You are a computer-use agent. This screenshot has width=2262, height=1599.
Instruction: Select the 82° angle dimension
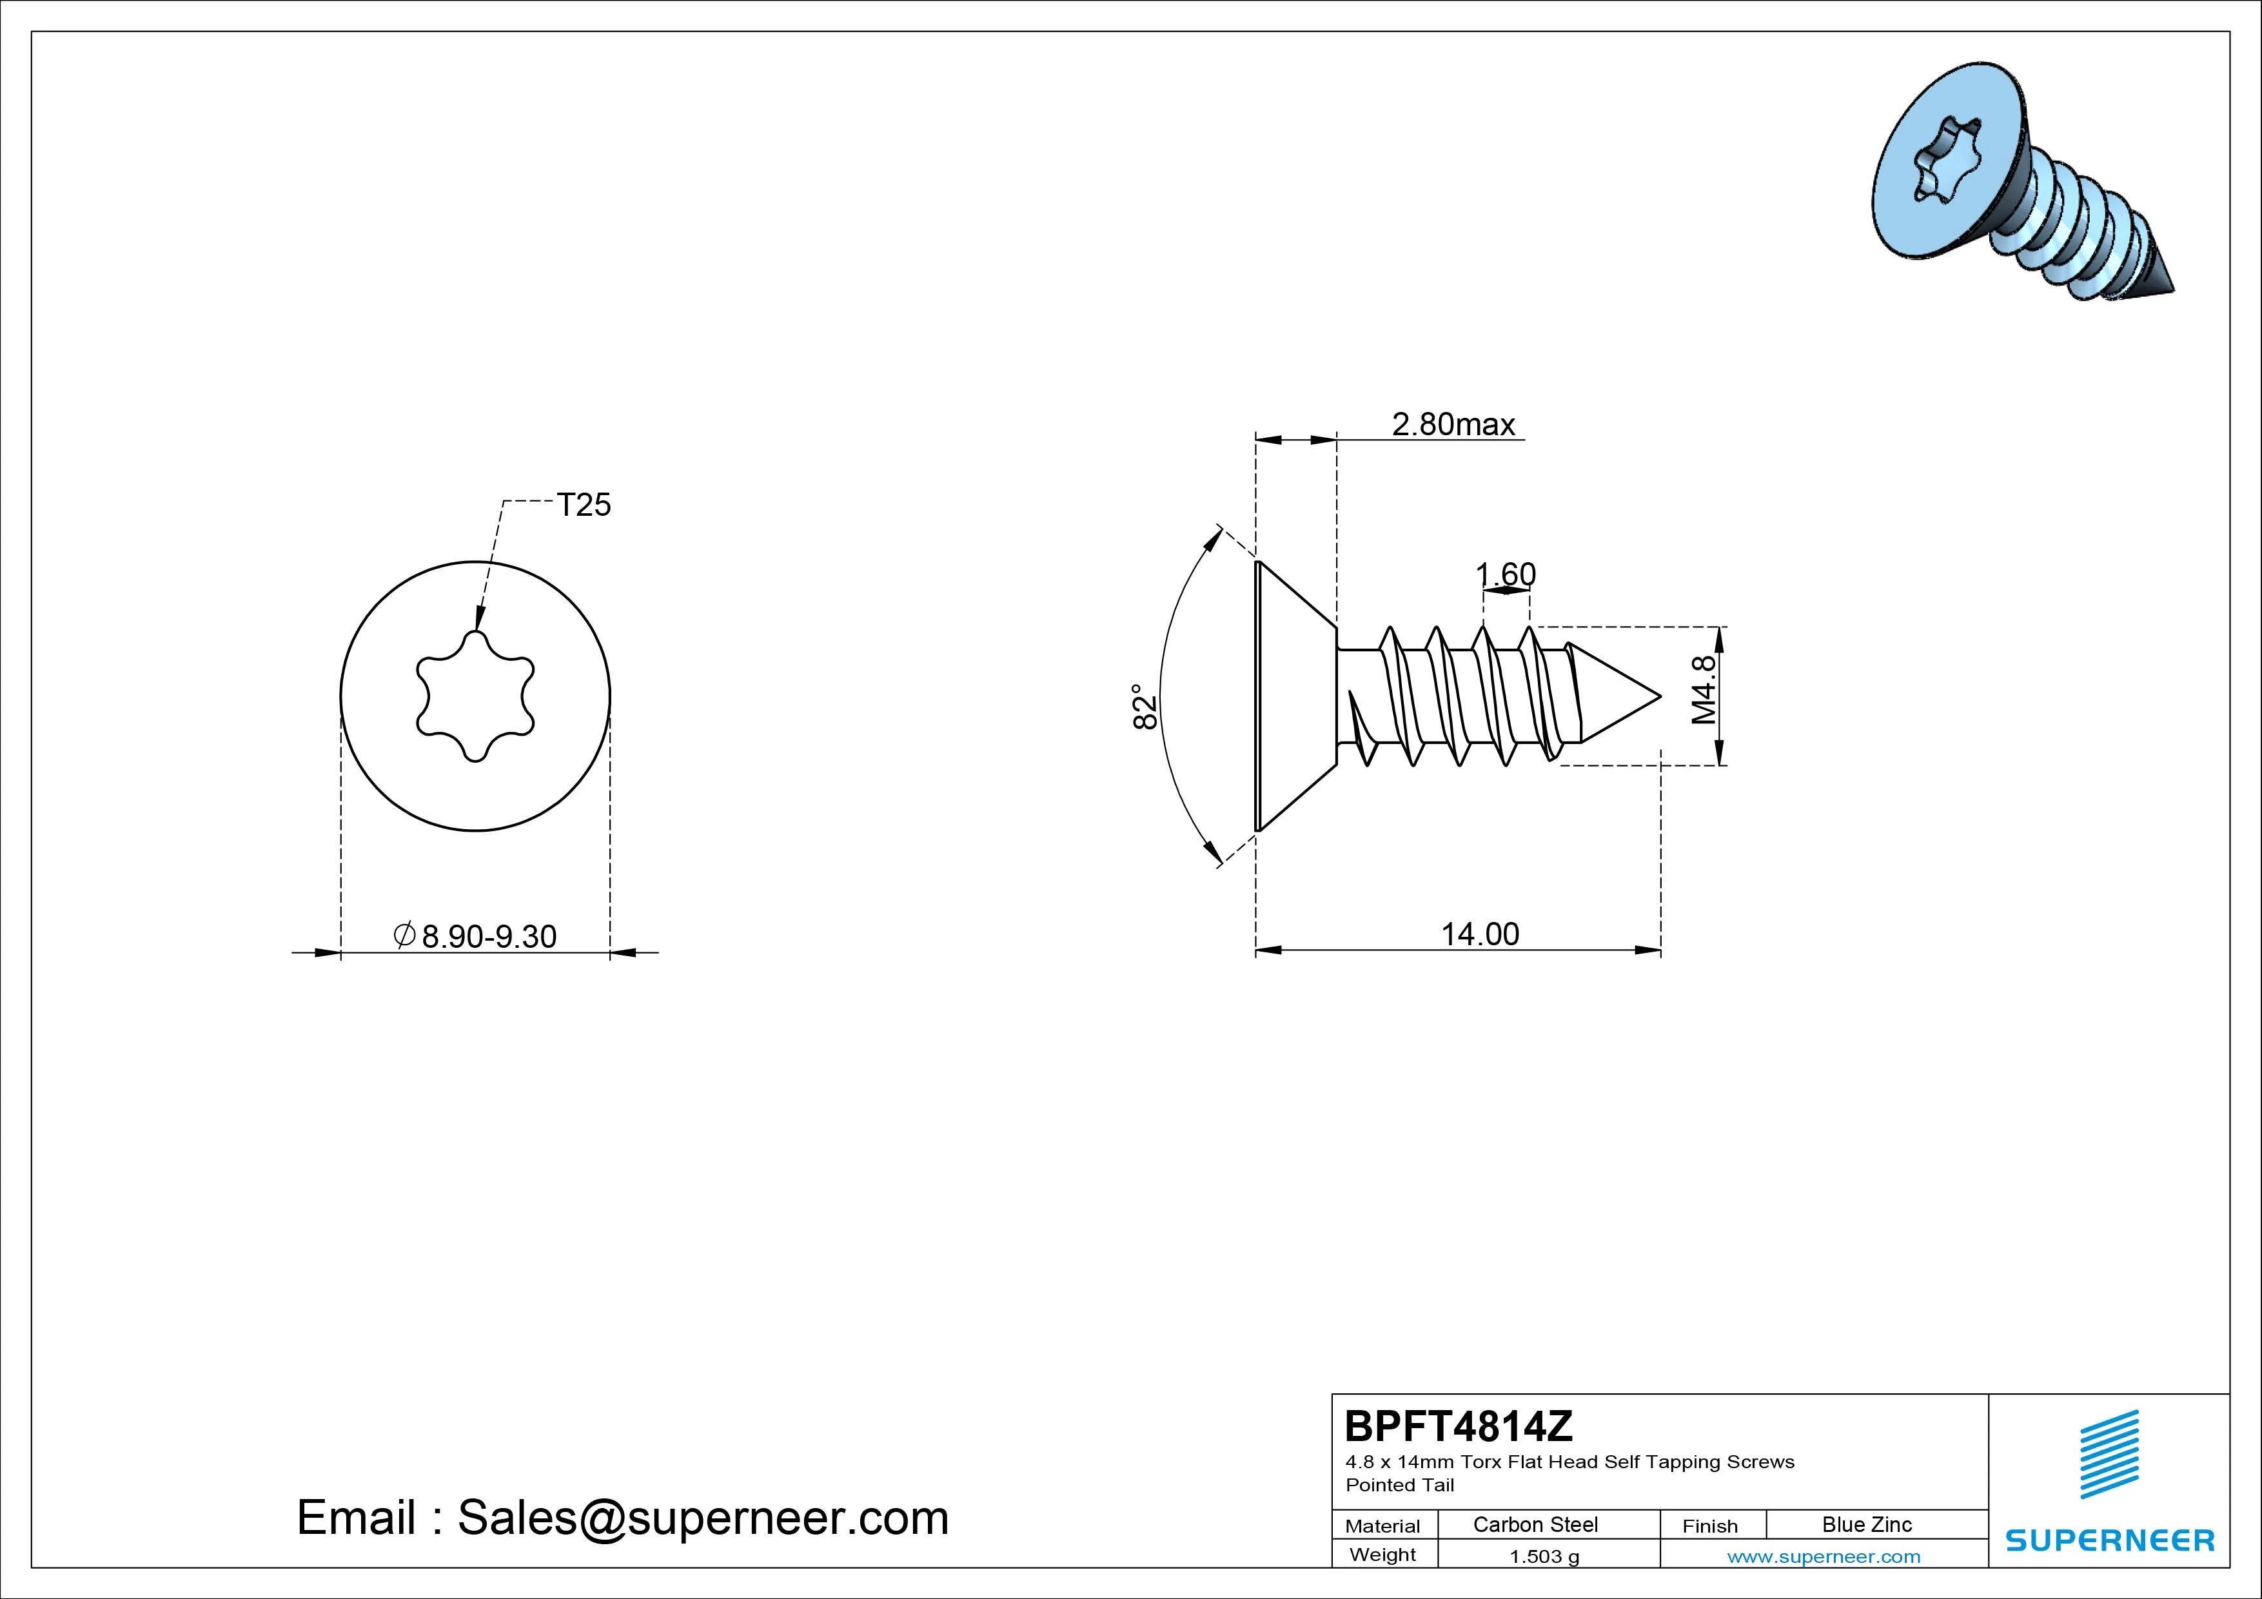[1144, 707]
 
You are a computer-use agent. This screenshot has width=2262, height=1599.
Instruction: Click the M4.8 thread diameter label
[1704, 690]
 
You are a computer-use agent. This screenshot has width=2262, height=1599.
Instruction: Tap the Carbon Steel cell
[1535, 1524]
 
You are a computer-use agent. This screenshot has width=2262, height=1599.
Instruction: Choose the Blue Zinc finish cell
[1867, 1524]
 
